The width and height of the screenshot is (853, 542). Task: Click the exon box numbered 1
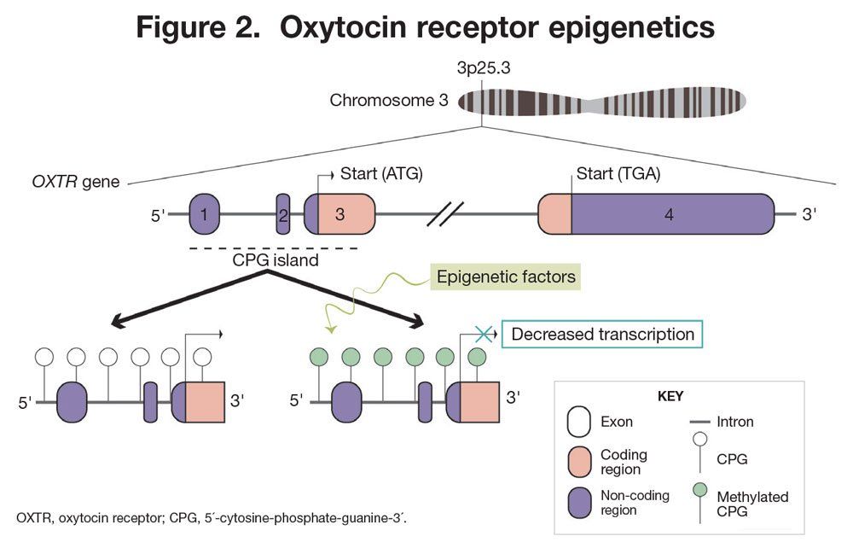(206, 214)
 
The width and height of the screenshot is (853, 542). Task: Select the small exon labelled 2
(283, 214)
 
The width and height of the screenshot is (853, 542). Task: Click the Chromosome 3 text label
(389, 101)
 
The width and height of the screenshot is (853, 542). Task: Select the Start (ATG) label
(381, 174)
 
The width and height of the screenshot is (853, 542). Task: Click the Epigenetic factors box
(506, 277)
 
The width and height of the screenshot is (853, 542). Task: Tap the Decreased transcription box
(602, 334)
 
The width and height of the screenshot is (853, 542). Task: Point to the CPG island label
(276, 260)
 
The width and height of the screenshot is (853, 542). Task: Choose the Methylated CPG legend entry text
(752, 504)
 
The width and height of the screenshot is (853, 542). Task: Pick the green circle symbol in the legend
(699, 489)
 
